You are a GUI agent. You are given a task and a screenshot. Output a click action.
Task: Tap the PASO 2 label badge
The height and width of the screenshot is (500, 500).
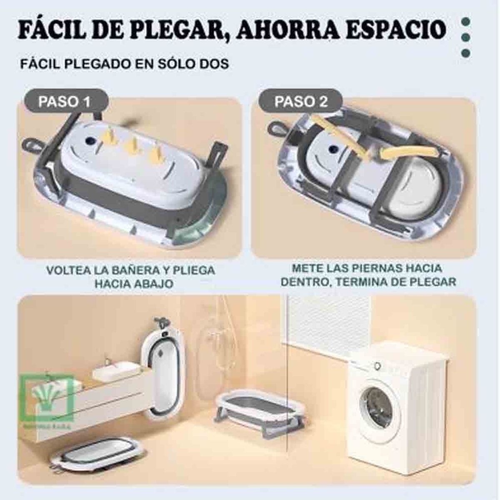tap(301, 102)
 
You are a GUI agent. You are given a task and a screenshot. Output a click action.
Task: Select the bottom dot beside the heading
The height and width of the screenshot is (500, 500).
tap(467, 53)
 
